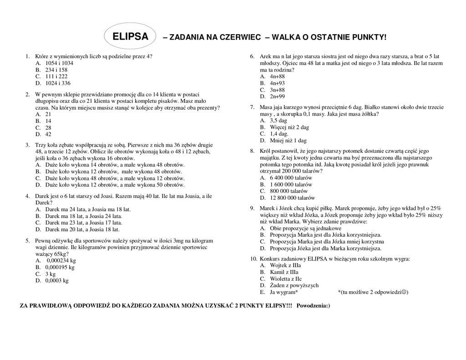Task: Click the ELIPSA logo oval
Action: [130, 36]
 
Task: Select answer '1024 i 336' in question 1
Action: [58, 83]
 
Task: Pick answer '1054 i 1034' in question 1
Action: [59, 63]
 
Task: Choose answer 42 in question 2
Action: [48, 134]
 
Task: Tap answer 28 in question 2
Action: [48, 128]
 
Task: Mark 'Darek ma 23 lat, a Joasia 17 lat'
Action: [83, 223]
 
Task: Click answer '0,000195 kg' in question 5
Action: [60, 267]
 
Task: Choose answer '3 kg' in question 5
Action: [50, 274]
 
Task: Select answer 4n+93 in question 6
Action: [277, 83]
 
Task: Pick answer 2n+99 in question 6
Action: [277, 96]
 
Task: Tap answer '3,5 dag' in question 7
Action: [279, 121]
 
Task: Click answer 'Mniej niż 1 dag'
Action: [288, 141]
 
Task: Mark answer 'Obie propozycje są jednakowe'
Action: [305, 228]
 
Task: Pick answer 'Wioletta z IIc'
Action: [286, 279]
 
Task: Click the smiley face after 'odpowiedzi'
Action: [404, 292]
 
